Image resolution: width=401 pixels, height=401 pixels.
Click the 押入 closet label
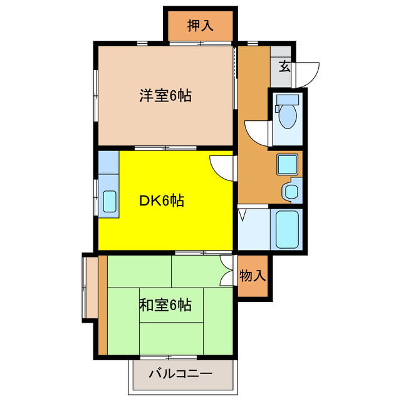tap(200, 26)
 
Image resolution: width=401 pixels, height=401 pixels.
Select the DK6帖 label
tap(161, 201)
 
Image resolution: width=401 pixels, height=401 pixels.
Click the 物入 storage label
tap(253, 275)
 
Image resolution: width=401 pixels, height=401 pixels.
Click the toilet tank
tap(288, 100)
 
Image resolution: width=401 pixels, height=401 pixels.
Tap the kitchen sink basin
tap(108, 202)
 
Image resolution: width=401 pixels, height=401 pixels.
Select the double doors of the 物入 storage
tap(227, 270)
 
